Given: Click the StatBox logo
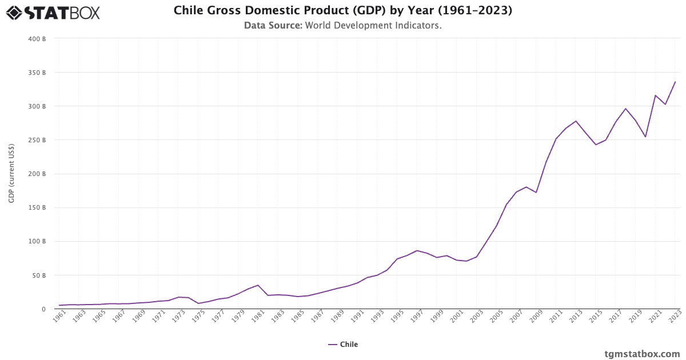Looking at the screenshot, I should [53, 13].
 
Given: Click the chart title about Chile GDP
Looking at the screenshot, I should [342, 11].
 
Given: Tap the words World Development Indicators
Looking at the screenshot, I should [373, 26].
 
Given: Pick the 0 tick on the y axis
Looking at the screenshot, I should [43, 309].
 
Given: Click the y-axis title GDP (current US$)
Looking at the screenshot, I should [11, 174].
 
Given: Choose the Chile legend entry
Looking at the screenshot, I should [343, 345].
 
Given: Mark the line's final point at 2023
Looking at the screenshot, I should [675, 82].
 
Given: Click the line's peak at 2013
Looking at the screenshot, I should [576, 121].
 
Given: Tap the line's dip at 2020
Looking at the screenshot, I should [645, 137].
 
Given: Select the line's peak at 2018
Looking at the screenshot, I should [625, 109].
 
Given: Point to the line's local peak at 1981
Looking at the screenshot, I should [258, 285].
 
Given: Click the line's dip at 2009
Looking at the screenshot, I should [536, 193].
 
